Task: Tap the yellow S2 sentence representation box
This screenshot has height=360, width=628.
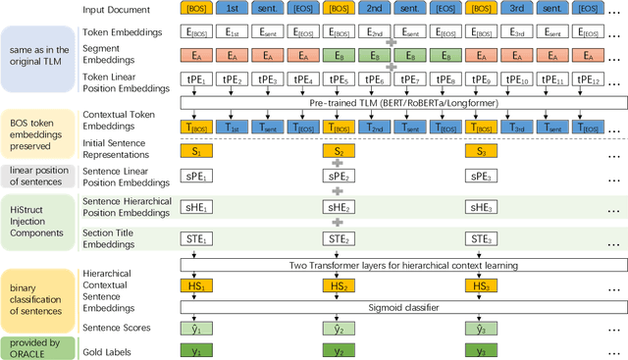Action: (x=338, y=151)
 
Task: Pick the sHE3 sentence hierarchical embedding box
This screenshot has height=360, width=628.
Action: (x=480, y=208)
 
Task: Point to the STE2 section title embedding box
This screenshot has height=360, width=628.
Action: (x=338, y=238)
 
